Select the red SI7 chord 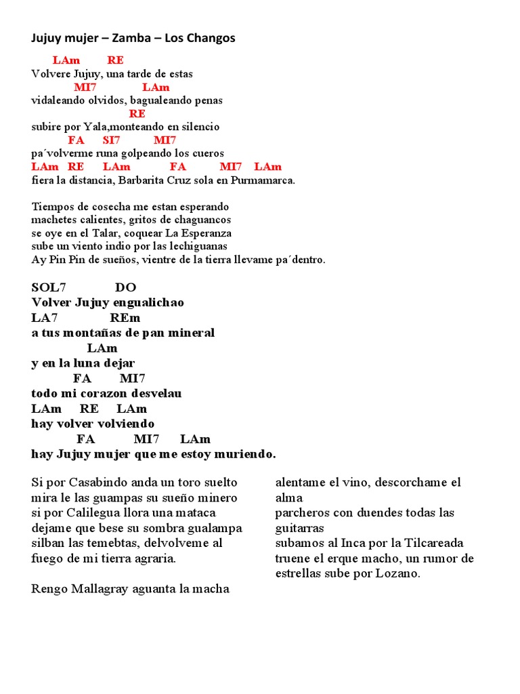pyautogui.click(x=111, y=140)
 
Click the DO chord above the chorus pyautogui.click(x=125, y=287)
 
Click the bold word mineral pyautogui.click(x=192, y=333)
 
